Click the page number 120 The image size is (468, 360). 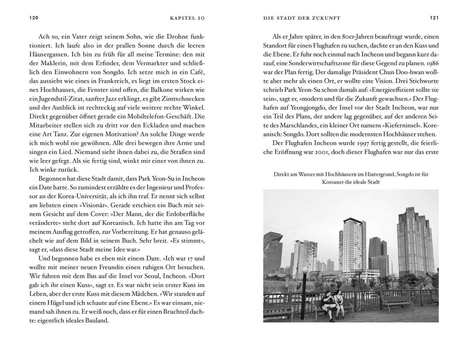pyautogui.click(x=34, y=18)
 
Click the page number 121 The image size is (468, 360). pyautogui.click(x=434, y=18)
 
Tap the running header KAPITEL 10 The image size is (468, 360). pyautogui.click(x=187, y=18)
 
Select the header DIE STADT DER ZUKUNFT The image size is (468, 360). pyautogui.click(x=302, y=18)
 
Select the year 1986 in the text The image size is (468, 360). pyautogui.click(x=432, y=63)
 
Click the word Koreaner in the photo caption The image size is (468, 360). pyautogui.click(x=332, y=182)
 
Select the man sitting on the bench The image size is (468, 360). pyautogui.click(x=327, y=301)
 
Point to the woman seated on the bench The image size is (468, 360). pyautogui.click(x=338, y=300)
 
